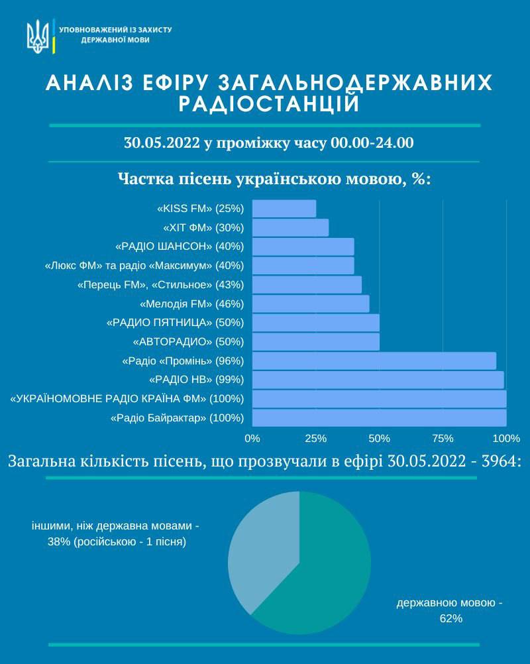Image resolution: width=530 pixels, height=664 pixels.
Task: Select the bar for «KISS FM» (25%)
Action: (x=284, y=208)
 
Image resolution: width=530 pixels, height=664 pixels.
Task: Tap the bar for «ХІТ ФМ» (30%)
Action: (x=290, y=227)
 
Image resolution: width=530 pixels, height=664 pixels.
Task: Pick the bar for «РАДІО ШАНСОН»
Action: (x=303, y=247)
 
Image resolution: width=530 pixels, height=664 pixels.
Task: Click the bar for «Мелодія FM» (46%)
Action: (x=311, y=304)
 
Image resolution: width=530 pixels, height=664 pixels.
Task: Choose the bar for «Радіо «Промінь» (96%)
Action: (x=374, y=360)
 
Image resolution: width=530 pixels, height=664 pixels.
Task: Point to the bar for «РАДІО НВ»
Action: (x=378, y=380)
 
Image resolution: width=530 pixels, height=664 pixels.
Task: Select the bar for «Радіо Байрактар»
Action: (x=379, y=418)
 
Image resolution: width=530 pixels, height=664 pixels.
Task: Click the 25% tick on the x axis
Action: (x=316, y=438)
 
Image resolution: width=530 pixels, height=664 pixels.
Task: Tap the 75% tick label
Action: (x=443, y=438)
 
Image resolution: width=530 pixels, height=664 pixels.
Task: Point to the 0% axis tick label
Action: (x=252, y=438)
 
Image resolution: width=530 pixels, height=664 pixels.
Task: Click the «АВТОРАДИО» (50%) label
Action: (x=189, y=342)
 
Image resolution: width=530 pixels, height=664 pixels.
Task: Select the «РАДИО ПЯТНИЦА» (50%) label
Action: (x=176, y=323)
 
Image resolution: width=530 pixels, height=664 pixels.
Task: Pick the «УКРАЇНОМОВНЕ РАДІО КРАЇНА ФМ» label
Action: (x=127, y=399)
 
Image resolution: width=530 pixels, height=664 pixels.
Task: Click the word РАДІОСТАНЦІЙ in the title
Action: (x=268, y=103)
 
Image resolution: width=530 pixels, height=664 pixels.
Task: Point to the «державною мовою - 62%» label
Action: (x=450, y=610)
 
